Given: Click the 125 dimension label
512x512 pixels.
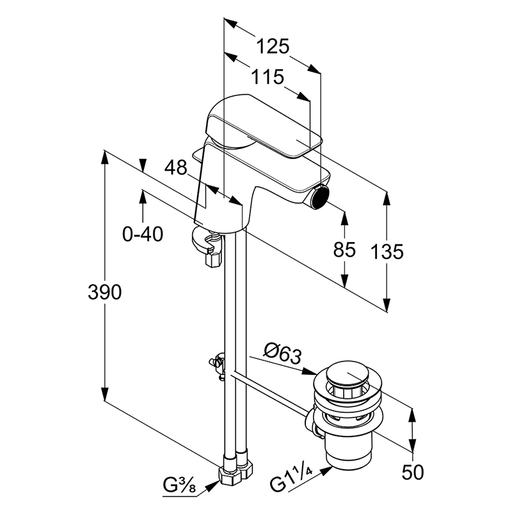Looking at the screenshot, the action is [273, 46].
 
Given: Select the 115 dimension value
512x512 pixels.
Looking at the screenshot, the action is [268, 77].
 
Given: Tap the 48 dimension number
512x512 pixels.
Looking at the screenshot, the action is [175, 168].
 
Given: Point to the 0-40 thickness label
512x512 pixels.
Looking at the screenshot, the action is [143, 234].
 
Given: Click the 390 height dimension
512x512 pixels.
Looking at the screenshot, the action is [104, 292].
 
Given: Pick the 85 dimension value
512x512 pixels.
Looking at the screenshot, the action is [344, 250].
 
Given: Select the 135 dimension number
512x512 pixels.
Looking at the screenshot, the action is [387, 252].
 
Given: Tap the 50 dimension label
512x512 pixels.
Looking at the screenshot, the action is [413, 472].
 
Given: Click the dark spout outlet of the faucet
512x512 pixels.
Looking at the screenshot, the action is [320, 198].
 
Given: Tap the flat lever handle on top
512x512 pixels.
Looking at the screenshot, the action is [264, 126].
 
